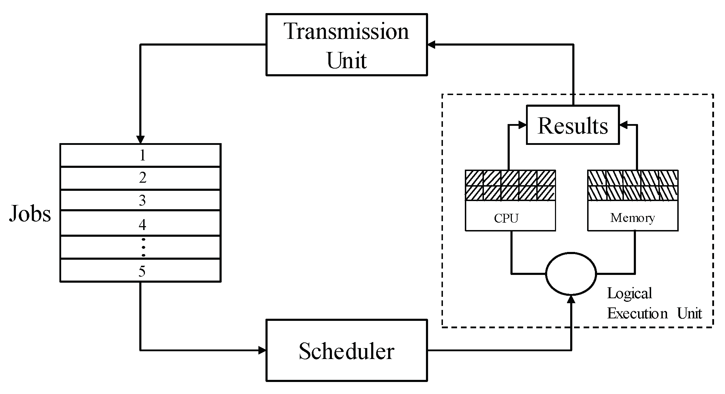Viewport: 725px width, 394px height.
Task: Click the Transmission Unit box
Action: point(346,45)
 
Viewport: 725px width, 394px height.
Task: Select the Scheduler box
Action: point(346,351)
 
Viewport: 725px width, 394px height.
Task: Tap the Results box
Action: point(573,125)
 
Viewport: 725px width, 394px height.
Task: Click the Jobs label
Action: point(30,213)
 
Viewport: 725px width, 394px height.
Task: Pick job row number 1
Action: point(141,155)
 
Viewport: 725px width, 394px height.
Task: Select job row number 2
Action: point(141,178)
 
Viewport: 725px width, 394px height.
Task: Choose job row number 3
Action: point(141,200)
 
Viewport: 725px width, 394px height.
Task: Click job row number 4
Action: point(141,223)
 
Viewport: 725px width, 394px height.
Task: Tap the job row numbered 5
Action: point(141,271)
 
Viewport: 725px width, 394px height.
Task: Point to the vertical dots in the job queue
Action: point(143,247)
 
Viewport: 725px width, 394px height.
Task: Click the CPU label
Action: point(506,218)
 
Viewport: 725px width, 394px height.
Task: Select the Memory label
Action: point(632,218)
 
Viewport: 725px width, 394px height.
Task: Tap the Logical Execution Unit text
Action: point(654,304)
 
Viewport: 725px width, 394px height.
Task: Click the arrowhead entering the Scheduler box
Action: point(262,351)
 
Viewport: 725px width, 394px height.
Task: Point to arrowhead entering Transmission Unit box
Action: point(432,45)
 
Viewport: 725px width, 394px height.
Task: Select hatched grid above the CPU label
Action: point(510,186)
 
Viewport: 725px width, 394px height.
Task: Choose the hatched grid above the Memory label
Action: point(633,186)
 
